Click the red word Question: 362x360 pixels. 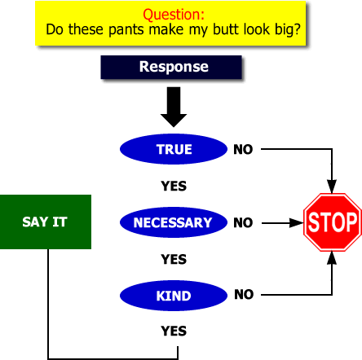pyautogui.click(x=174, y=15)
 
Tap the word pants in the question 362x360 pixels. pyautogui.click(x=126, y=30)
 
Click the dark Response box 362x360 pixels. pyautogui.click(x=171, y=68)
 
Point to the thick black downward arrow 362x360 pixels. pyautogui.click(x=174, y=107)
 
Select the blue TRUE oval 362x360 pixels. pyautogui.click(x=174, y=149)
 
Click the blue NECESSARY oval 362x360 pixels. pyautogui.click(x=174, y=222)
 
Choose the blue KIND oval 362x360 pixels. pyautogui.click(x=174, y=296)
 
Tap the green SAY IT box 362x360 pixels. pyautogui.click(x=46, y=222)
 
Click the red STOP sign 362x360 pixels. pyautogui.click(x=333, y=222)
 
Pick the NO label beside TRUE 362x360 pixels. pyautogui.click(x=243, y=149)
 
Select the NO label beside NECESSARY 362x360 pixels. pyautogui.click(x=243, y=222)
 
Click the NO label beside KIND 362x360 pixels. pyautogui.click(x=244, y=294)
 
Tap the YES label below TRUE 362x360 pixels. pyautogui.click(x=174, y=186)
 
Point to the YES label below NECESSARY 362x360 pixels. pyautogui.click(x=174, y=259)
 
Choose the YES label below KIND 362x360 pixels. pyautogui.click(x=174, y=331)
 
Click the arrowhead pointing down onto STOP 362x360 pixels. pyautogui.click(x=332, y=187)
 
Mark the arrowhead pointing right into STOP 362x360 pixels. pyautogui.click(x=296, y=223)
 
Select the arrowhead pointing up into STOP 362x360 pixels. pyautogui.click(x=332, y=258)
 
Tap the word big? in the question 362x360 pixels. pyautogui.click(x=288, y=30)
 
